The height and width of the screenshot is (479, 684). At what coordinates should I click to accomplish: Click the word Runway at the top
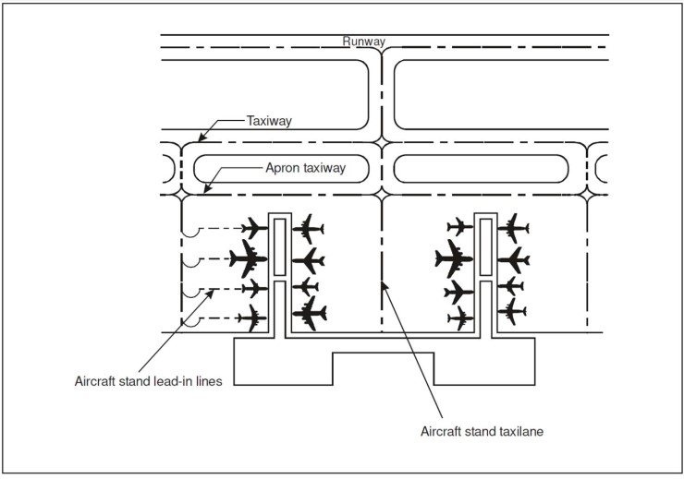(363, 41)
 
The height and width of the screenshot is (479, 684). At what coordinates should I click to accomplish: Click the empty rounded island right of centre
(480, 169)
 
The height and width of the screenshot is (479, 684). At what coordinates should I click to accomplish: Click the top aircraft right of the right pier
(512, 227)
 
